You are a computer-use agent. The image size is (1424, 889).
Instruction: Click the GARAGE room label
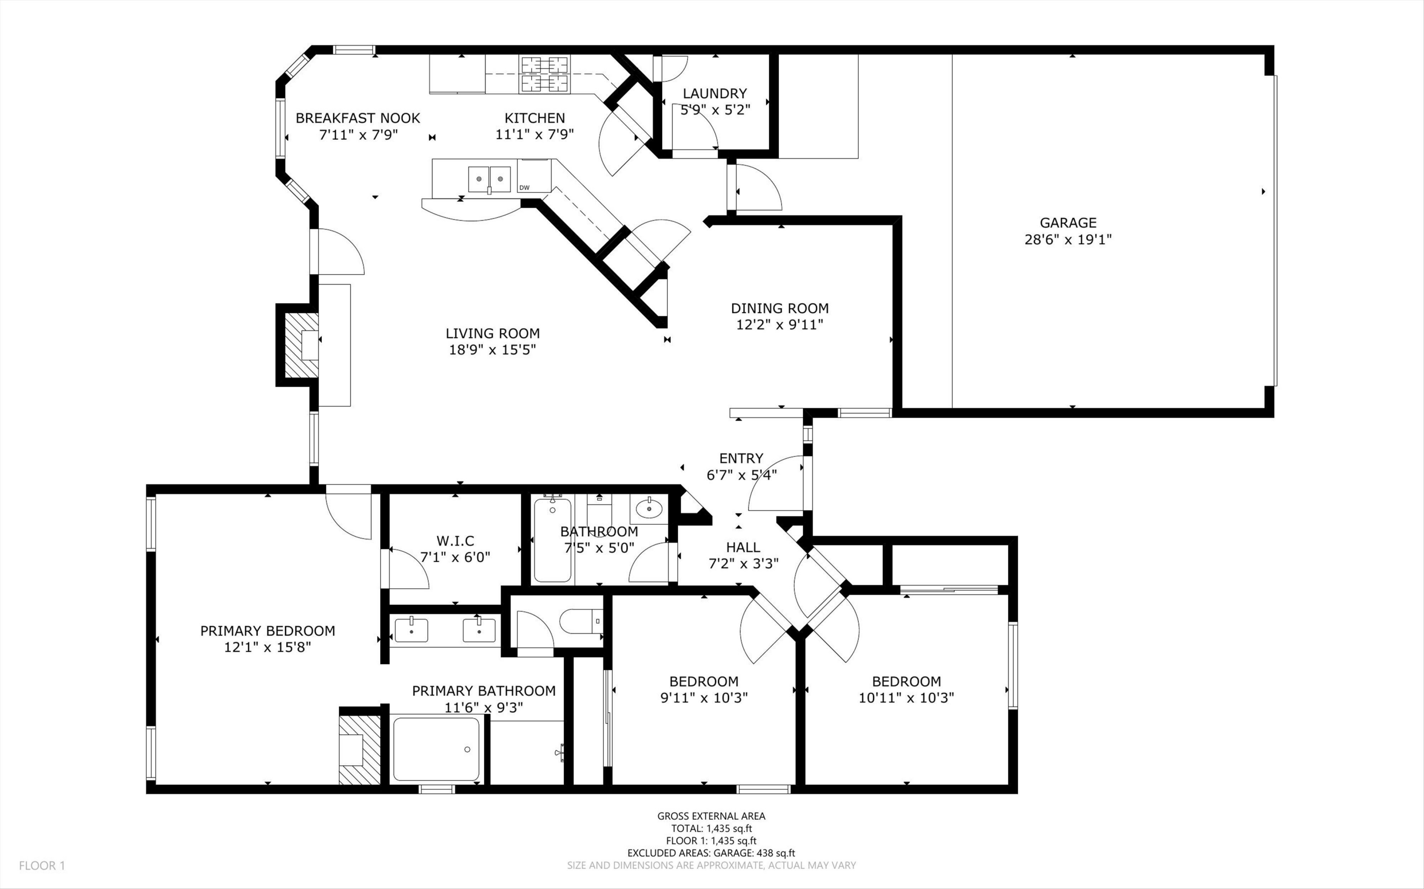click(1068, 223)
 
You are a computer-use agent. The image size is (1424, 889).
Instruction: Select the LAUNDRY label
click(715, 93)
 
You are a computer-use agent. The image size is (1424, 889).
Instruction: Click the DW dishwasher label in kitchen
click(524, 187)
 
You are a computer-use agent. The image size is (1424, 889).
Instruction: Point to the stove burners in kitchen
click(544, 74)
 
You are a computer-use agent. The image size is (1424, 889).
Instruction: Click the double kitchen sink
click(489, 179)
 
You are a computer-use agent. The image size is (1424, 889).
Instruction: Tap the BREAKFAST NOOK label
click(357, 118)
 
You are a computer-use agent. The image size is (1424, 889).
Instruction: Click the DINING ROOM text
click(779, 308)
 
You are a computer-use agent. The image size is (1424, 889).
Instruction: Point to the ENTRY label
click(741, 458)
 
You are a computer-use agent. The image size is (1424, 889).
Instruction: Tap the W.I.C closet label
click(455, 540)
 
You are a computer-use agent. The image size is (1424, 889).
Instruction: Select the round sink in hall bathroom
click(649, 507)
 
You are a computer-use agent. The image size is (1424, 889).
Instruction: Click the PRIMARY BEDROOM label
click(268, 631)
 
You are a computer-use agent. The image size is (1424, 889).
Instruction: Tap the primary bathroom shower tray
click(436, 749)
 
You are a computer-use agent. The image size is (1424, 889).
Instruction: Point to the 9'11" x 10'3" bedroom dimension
click(703, 698)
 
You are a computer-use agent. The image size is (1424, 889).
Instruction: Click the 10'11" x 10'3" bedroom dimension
click(906, 698)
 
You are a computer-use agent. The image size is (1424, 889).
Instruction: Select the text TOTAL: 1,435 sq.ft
click(711, 828)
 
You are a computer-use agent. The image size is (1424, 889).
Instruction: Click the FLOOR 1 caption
click(42, 865)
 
